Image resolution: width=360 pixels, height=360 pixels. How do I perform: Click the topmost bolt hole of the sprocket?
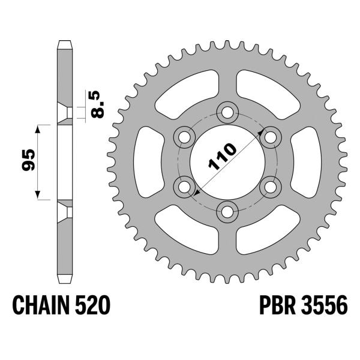[227, 112]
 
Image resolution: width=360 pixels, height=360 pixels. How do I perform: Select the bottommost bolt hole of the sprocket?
[227, 211]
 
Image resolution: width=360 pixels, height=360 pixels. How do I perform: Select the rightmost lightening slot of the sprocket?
[305, 161]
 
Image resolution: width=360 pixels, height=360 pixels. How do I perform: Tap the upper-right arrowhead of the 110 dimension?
[259, 130]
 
